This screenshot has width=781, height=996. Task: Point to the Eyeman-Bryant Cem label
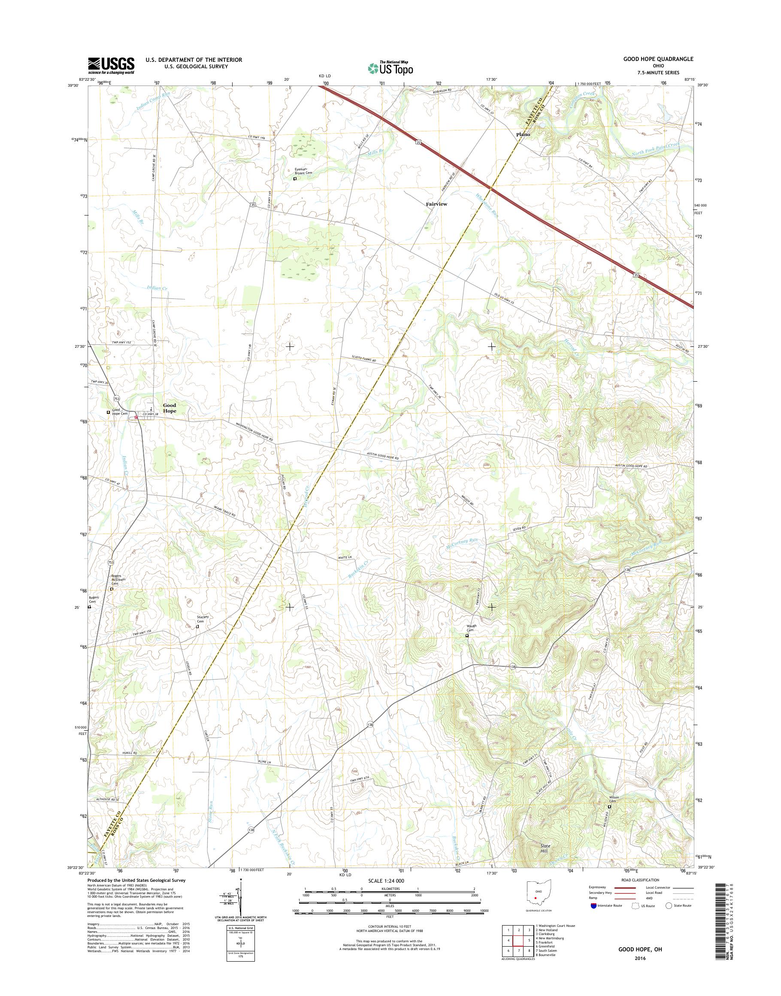tap(306, 171)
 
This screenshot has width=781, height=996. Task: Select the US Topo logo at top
tap(390, 67)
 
